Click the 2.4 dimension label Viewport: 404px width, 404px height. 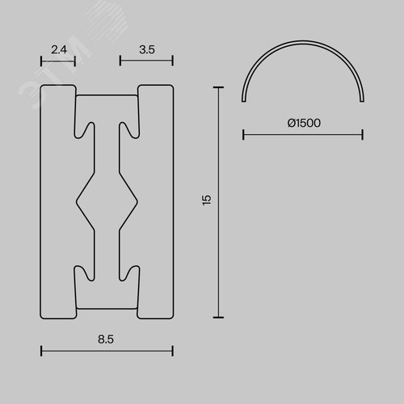click(59, 50)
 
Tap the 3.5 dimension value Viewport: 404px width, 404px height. click(147, 50)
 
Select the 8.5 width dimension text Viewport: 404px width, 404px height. click(106, 339)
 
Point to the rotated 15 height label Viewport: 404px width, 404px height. click(207, 200)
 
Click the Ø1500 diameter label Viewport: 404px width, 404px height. click(304, 123)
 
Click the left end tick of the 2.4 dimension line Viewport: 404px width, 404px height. click(41, 61)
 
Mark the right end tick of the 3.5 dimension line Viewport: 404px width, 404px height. click(173, 61)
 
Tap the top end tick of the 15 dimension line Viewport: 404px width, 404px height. click(218, 87)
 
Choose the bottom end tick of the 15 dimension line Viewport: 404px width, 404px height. click(218, 318)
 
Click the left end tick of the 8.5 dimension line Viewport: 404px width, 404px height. click(41, 351)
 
